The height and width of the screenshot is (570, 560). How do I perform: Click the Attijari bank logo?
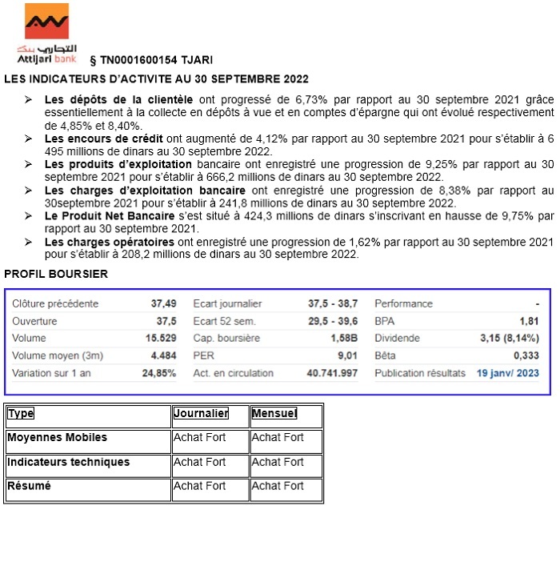click(46, 35)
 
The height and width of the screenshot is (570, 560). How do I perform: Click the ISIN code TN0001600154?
click(138, 60)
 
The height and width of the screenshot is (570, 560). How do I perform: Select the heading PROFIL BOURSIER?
click(56, 274)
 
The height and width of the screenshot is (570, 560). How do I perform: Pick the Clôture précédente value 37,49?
click(163, 303)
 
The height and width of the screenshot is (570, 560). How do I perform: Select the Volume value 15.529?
click(161, 339)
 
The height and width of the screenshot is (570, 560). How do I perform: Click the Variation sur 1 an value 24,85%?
click(158, 373)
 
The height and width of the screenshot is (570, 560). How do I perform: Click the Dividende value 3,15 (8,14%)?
click(509, 339)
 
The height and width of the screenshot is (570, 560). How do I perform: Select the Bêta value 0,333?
click(526, 355)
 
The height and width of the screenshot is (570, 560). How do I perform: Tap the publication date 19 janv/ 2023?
click(507, 373)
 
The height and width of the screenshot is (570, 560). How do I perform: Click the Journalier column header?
click(201, 414)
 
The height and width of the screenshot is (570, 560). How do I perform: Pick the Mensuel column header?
click(274, 414)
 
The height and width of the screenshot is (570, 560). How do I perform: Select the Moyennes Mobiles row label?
click(57, 438)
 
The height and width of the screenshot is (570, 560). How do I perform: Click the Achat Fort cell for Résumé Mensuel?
click(278, 486)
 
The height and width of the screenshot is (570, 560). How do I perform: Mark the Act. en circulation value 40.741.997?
click(332, 373)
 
